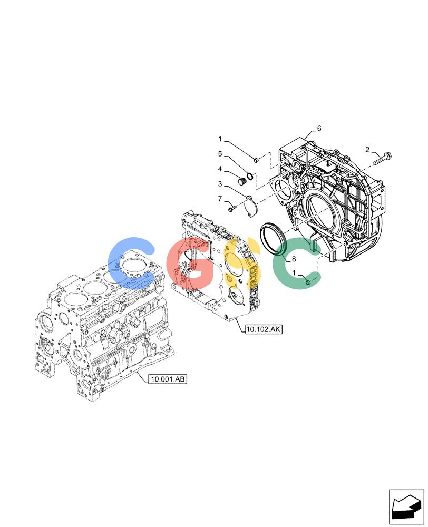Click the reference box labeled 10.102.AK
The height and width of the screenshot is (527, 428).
tap(264, 329)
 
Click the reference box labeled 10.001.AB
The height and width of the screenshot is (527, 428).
tap(168, 379)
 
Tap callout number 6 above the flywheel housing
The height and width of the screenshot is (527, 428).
tap(319, 128)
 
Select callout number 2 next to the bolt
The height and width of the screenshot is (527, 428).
tap(367, 150)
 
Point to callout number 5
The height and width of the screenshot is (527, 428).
tap(220, 154)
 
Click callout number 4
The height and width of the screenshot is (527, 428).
tap(220, 169)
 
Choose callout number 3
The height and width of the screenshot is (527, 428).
tap(220, 184)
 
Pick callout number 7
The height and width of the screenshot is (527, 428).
tap(220, 199)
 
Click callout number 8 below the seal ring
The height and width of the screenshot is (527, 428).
tap(294, 259)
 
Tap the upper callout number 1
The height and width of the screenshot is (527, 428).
tap(220, 139)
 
